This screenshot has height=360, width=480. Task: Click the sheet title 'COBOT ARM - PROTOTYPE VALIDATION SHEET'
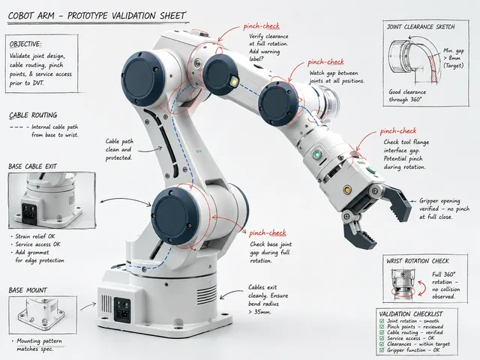[x=97, y=16]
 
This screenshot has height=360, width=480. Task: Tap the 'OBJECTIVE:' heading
[x=25, y=44]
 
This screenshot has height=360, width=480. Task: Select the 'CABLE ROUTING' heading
[x=33, y=115]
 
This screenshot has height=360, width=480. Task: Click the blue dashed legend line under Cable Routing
[x=16, y=127]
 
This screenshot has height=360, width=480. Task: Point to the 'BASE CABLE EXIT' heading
[x=33, y=166]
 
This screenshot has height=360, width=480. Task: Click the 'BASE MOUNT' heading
[x=28, y=290]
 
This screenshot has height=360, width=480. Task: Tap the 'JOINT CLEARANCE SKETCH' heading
[x=421, y=27]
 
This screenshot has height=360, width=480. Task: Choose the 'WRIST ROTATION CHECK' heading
[x=418, y=261]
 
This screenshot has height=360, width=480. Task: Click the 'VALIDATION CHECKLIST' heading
[x=411, y=314]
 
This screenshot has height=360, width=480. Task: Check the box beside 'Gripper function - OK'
[x=382, y=350]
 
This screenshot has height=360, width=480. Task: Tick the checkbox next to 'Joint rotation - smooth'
[x=382, y=321]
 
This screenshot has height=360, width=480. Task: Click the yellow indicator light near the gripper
[x=346, y=190]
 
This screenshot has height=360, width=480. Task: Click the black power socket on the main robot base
[x=121, y=310]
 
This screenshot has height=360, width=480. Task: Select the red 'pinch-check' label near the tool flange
[x=398, y=131]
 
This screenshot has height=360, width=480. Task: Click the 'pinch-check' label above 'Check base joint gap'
[x=267, y=233]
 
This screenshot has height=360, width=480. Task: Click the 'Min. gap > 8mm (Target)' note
[x=454, y=58]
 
